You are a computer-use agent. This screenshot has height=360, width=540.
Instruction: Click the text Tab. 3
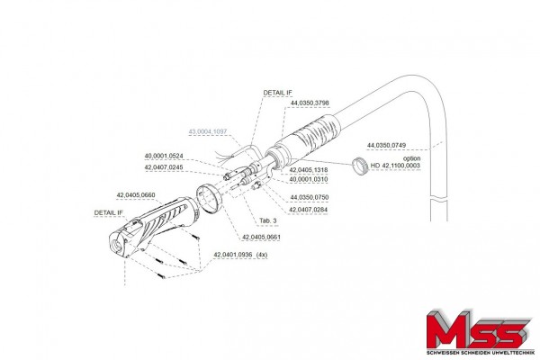[x=268, y=220]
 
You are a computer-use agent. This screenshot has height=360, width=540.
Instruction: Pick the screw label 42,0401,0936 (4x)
[x=241, y=255]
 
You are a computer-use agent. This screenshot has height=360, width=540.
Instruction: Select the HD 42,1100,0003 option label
[x=396, y=166]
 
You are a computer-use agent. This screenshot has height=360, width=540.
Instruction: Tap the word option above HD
[x=410, y=157]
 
